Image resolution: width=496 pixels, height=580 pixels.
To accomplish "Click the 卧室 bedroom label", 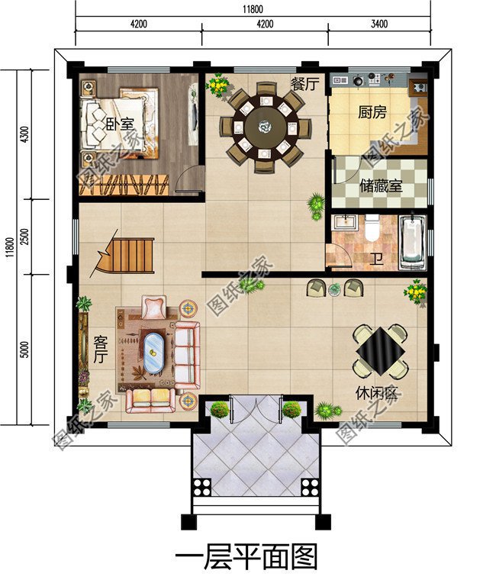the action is coord(119,124).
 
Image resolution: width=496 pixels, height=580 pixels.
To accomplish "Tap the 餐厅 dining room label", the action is coord(304,84).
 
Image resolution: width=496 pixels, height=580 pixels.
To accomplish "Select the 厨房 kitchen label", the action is coord(372,111).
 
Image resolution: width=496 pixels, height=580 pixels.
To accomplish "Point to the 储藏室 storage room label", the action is coord(381,186).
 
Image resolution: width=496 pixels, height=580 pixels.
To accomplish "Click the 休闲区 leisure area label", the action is coord(376,394).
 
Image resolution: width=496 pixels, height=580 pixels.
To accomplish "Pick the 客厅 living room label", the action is coord(100,350).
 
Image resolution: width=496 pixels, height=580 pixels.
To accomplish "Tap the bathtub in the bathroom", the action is coord(412,241).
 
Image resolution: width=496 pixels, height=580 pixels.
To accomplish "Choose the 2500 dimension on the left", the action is coord(24,237).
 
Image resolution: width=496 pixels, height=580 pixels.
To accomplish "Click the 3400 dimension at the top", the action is coord(379,24).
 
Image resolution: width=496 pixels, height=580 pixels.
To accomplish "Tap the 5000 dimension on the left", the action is coord(24,350).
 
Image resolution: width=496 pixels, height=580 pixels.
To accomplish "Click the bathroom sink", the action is coord(345,223).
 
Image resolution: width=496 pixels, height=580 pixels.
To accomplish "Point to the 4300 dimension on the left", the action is coord(24,134).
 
